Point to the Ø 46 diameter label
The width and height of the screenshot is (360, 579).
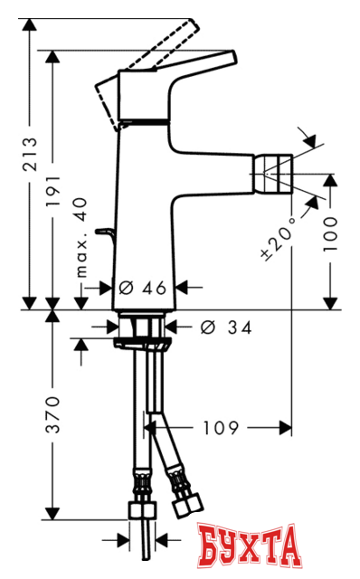point(143,288)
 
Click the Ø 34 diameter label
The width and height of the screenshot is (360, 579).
point(223,327)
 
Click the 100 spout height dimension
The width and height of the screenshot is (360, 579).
point(331,234)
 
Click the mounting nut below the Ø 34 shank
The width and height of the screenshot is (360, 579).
point(143,343)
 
